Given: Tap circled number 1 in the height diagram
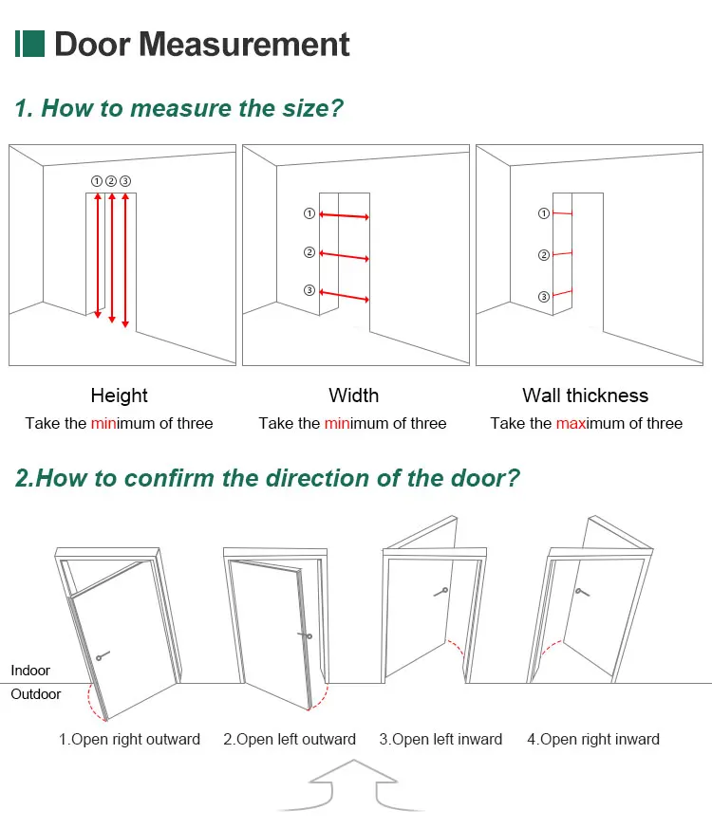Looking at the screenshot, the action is (96, 180).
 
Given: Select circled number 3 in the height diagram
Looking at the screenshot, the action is (125, 180).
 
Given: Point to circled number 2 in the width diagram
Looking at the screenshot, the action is (309, 252).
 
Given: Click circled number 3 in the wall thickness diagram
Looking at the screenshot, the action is (543, 297).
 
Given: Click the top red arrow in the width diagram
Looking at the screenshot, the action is (344, 216).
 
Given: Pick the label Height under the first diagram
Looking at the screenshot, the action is (119, 396).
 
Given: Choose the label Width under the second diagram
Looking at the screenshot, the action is (353, 396).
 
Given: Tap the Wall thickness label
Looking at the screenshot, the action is (585, 396).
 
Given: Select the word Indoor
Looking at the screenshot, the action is (30, 671).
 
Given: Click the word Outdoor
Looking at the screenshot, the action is (36, 694).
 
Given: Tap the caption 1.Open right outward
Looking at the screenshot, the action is (129, 739).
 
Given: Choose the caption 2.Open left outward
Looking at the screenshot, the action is (289, 739).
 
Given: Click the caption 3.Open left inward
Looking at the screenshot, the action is (440, 739).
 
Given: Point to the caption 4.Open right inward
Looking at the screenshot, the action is (592, 739).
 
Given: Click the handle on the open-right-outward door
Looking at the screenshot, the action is (102, 654).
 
